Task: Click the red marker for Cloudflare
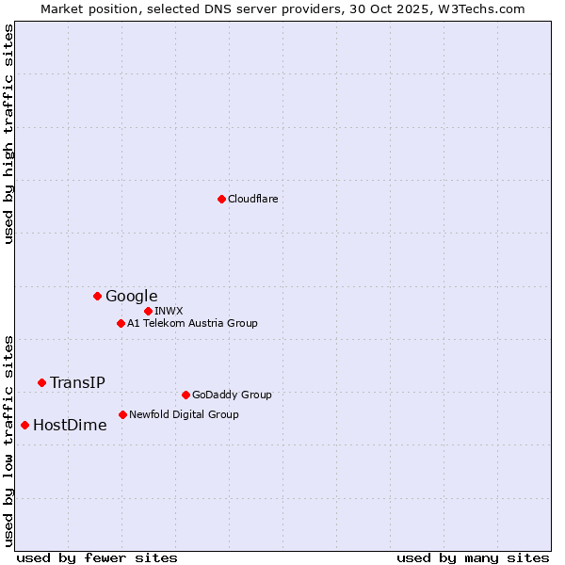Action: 221,199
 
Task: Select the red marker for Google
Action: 97,296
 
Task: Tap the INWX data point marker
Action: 148,311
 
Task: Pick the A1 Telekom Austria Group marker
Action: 121,323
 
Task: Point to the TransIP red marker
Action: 41,382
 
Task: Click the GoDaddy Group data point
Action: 186,395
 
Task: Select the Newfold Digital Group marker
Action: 122,414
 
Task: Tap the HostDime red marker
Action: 24,425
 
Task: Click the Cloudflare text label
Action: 253,199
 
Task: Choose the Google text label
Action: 132,297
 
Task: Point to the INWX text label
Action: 169,311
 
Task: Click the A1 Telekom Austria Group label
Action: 192,323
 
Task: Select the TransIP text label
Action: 77,382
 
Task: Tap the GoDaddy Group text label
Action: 232,395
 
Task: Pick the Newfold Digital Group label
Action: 184,414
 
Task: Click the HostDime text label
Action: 70,425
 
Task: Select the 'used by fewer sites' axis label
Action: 97,557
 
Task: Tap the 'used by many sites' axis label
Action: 473,557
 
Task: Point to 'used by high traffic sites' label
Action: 8,134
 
